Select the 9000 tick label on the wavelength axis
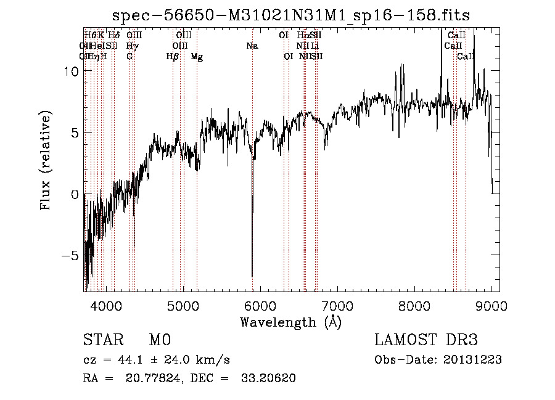[491, 305]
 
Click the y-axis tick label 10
[70, 71]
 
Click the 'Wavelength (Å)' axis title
[290, 322]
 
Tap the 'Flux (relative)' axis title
[46, 161]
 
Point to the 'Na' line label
[252, 46]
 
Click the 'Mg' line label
[197, 57]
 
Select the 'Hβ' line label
[173, 57]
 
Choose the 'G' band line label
[129, 57]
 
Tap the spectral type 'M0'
[159, 340]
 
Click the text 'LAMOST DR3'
[426, 340]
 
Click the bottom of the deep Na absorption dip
[252, 276]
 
